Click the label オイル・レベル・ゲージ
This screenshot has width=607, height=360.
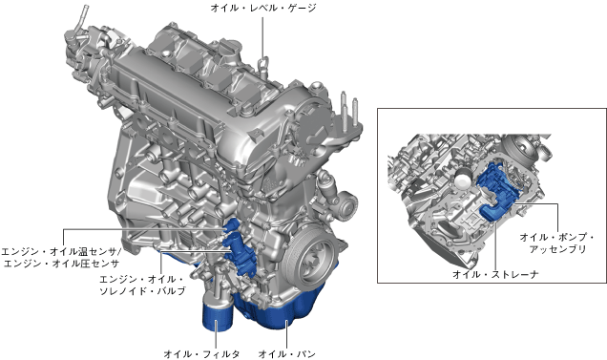(263, 8)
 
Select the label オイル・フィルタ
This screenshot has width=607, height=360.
(201, 354)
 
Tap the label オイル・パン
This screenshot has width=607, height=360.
(287, 354)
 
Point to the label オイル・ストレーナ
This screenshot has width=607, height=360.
(495, 274)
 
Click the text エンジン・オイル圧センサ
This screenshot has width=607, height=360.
(61, 264)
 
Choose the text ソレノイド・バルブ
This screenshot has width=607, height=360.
(142, 290)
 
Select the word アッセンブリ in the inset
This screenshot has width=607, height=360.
(557, 249)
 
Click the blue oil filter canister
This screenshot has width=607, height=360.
(218, 316)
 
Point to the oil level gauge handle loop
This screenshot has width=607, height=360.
(264, 63)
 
